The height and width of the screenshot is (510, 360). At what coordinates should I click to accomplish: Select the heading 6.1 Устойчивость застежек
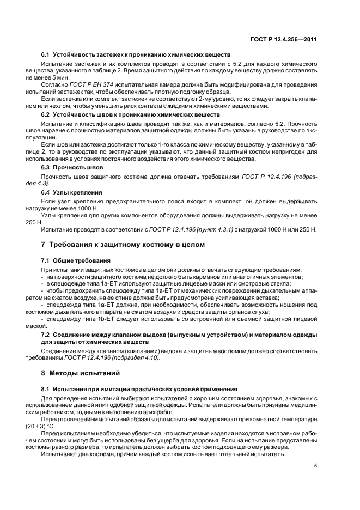[136, 56]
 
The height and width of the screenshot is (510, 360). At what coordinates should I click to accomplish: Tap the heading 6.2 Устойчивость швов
[131, 115]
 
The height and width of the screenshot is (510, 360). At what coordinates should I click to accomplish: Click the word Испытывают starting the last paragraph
[59, 453]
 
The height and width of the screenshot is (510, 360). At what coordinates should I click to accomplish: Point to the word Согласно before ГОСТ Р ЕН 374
[54, 84]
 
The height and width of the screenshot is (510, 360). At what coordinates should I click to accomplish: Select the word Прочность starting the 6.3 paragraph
[55, 177]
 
